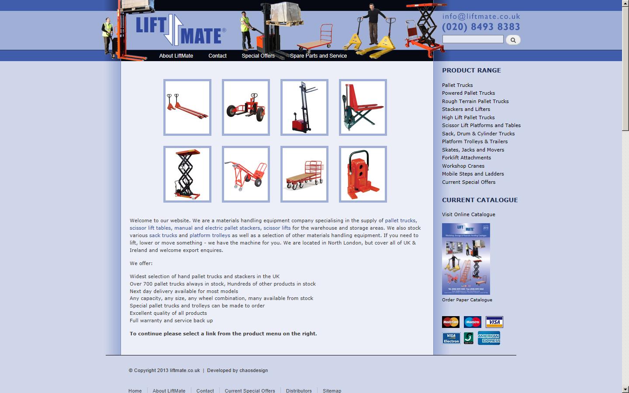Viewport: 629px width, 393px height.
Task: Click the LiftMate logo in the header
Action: [x=180, y=30]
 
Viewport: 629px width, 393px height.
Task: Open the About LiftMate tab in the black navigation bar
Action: [x=176, y=56]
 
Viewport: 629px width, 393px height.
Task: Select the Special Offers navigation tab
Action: [x=258, y=56]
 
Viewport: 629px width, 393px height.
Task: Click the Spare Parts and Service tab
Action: [x=318, y=56]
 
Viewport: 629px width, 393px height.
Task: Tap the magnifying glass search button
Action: [x=513, y=40]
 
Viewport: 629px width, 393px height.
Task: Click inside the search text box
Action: [x=473, y=39]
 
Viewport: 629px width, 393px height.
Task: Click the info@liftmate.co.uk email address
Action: [x=481, y=17]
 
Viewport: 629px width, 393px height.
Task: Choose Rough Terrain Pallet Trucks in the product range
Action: [x=475, y=101]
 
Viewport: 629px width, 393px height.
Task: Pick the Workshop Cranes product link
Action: [x=463, y=166]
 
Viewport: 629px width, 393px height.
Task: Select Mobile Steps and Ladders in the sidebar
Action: [x=473, y=174]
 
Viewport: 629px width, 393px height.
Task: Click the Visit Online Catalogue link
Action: [x=468, y=214]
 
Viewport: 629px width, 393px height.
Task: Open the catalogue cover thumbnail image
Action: [x=466, y=259]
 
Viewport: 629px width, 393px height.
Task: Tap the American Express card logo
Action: [x=489, y=338]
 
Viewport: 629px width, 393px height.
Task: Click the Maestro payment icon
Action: [x=472, y=322]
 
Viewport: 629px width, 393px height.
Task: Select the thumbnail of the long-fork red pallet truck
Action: [x=187, y=107]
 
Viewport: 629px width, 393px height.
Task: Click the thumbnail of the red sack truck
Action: [x=246, y=174]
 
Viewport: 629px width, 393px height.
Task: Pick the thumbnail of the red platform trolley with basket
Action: [x=304, y=174]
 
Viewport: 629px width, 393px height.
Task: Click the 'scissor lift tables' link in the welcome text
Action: [x=150, y=228]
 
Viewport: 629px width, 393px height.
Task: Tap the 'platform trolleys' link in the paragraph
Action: [x=210, y=235]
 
